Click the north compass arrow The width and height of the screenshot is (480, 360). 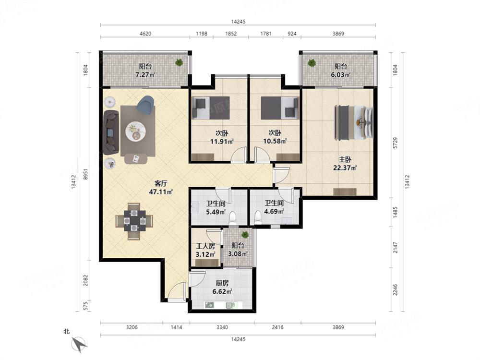tap(79, 344)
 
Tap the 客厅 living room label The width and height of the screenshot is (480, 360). tap(161, 184)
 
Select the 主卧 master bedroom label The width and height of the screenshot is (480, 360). tap(345, 159)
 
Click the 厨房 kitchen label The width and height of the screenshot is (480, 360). tap(222, 283)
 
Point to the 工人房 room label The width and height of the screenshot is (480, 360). tap(205, 246)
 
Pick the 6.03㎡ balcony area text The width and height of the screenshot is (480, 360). tap(340, 74)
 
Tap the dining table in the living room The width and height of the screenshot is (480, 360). tap(134, 221)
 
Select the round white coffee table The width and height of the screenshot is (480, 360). tap(135, 132)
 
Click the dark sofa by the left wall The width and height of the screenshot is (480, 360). tap(111, 132)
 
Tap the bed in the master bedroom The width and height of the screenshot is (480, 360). tap(354, 123)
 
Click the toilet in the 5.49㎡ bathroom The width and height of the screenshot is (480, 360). tap(233, 217)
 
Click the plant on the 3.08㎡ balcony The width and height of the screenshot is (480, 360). tap(245, 235)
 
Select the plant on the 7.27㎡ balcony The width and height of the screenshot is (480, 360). tap(179, 62)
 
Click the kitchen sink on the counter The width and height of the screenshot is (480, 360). tap(210, 305)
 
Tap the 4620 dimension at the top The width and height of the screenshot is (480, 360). tap(145, 34)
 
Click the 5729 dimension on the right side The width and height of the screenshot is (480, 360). tap(395, 143)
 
